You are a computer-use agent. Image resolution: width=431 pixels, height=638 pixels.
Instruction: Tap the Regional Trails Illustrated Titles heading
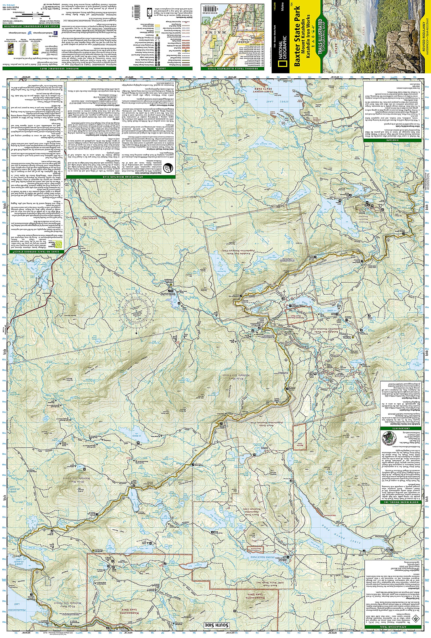[234, 69]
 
